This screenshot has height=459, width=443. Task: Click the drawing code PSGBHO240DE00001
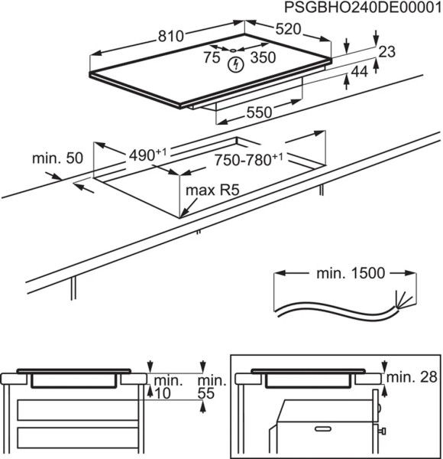(361, 8)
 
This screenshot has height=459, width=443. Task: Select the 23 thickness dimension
(387, 52)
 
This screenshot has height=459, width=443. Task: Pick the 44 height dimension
(359, 72)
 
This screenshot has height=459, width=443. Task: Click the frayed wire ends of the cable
(399, 300)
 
